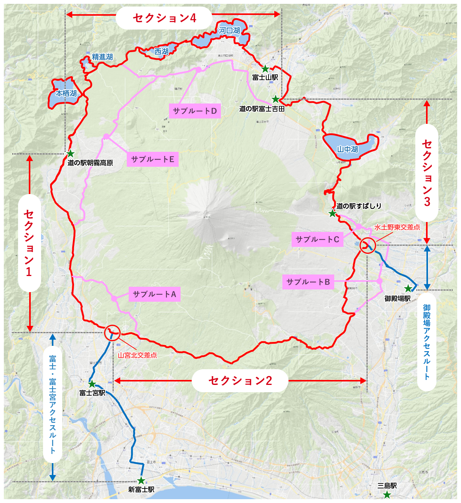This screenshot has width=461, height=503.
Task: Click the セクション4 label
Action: point(164,18)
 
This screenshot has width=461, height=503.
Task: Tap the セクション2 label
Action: point(240,380)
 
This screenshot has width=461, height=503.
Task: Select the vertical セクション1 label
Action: point(29,243)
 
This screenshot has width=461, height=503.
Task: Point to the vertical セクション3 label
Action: point(427,173)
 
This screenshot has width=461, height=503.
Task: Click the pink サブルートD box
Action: point(195,111)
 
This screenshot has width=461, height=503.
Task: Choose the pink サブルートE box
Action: point(153,159)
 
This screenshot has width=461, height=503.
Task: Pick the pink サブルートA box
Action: point(154,294)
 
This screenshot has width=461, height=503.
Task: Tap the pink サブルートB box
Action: point(308,282)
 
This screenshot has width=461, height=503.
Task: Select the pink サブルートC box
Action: point(317,239)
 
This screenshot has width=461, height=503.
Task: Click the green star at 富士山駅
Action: point(265,69)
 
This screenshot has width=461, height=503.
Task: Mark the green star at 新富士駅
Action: point(141,480)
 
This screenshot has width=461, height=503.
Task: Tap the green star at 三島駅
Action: point(387,495)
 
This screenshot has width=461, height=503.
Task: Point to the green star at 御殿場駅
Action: point(408,289)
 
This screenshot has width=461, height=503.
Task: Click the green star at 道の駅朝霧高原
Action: point(70,154)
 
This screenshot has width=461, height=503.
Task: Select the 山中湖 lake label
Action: point(348,149)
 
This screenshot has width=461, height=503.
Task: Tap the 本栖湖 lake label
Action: point(66,93)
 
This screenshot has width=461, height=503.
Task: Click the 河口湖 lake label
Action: point(230,30)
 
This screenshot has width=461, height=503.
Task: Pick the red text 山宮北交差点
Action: point(137,355)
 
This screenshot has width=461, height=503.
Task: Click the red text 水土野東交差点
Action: point(397,227)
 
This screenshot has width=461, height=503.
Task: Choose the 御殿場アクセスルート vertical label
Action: point(427,342)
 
